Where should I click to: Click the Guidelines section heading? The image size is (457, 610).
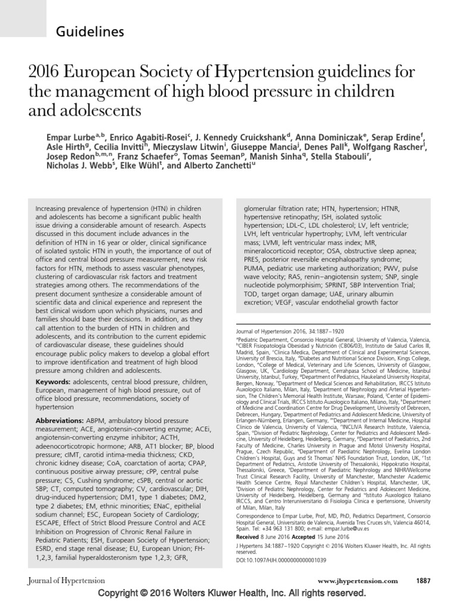coord(90,32)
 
